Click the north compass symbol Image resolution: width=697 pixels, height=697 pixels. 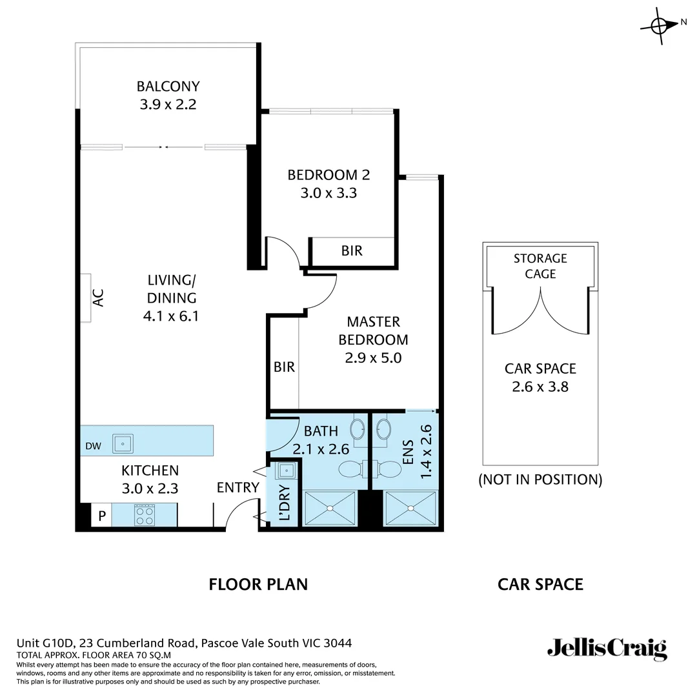tap(659, 26)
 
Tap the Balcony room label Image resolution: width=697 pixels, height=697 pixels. tap(168, 86)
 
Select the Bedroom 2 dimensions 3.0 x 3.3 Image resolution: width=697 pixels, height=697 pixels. tap(328, 192)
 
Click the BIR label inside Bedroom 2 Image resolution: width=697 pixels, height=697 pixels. tap(352, 251)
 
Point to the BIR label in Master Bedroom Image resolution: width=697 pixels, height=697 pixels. tap(284, 367)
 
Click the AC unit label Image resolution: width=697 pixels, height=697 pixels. tap(97, 298)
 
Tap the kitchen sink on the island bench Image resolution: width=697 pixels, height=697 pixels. tap(123, 443)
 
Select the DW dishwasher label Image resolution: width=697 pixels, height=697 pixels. tap(92, 445)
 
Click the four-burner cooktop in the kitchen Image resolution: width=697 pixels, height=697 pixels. tap(144, 515)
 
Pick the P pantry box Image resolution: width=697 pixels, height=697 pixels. tap(101, 516)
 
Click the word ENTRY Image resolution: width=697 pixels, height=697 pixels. tap(237, 488)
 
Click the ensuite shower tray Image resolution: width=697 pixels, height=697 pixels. tap(410, 509)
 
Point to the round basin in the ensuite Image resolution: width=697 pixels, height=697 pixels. tap(384, 429)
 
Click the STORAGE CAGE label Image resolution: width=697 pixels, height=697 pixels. tap(540, 266)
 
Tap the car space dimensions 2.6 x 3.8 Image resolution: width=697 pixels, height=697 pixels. tap(540, 387)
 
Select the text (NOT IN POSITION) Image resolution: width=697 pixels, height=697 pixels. tap(540, 480)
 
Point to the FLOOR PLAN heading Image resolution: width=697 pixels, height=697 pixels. tap(258, 585)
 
